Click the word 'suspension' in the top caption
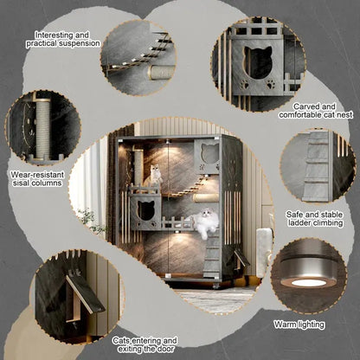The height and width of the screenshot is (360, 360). pyautogui.click(x=80, y=43)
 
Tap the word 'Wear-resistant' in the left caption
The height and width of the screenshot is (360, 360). pyautogui.click(x=37, y=175)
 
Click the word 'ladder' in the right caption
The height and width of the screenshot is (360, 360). pyautogui.click(x=300, y=223)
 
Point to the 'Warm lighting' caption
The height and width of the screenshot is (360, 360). pyautogui.click(x=299, y=325)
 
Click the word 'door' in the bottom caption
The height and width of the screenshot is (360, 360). pyautogui.click(x=165, y=349)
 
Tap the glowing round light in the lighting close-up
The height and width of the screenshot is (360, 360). pyautogui.click(x=308, y=283)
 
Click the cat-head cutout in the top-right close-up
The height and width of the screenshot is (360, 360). pyautogui.click(x=258, y=62)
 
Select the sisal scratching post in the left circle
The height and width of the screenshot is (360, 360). pyautogui.click(x=42, y=129)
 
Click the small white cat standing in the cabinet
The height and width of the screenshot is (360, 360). pyautogui.click(x=156, y=174)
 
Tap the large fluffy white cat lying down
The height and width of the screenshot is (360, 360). pyautogui.click(x=204, y=222)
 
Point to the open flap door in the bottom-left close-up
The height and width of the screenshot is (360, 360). pyautogui.click(x=85, y=294)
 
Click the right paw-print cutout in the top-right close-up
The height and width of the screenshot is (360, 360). pyautogui.click(x=271, y=85)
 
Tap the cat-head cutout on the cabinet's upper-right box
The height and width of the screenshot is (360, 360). pyautogui.click(x=210, y=153)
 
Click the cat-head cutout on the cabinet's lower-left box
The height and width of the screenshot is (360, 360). pyautogui.click(x=145, y=210)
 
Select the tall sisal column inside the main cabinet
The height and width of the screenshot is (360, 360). pyautogui.click(x=138, y=168)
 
